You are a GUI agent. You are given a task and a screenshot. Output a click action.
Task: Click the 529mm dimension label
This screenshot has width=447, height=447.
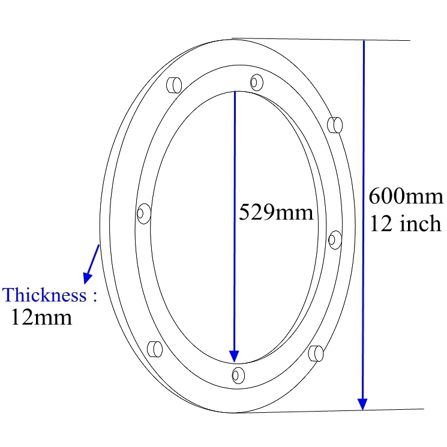pyautogui.click(x=276, y=212)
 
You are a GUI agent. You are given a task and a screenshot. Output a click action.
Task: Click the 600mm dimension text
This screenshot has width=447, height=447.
pyautogui.click(x=406, y=197)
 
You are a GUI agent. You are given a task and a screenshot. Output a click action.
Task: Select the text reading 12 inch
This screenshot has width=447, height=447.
pyautogui.click(x=406, y=224)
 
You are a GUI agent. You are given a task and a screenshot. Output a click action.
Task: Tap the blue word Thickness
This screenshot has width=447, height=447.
pyautogui.click(x=45, y=295)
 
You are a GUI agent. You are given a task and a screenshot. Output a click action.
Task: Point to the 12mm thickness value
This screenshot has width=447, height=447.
pyautogui.click(x=41, y=317)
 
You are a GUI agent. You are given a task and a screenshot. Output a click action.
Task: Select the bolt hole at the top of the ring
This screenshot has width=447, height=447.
pyautogui.click(x=257, y=81)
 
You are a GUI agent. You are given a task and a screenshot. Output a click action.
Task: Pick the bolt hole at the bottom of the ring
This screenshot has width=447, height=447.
pyautogui.click(x=238, y=375)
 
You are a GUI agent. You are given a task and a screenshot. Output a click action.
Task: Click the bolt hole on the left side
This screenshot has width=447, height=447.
pyautogui.click(x=143, y=212)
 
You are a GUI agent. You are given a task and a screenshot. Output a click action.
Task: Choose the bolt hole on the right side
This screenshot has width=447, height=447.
pyautogui.click(x=335, y=239)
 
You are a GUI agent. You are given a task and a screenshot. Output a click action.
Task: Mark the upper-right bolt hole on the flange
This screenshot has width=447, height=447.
pyautogui.click(x=335, y=124)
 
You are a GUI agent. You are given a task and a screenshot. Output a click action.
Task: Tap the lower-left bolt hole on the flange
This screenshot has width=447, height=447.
pyautogui.click(x=154, y=349)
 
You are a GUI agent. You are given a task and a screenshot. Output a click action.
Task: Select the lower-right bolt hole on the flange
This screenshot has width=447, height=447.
pyautogui.click(x=316, y=353)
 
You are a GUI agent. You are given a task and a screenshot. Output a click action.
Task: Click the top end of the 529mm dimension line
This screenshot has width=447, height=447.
pyautogui.click(x=235, y=92)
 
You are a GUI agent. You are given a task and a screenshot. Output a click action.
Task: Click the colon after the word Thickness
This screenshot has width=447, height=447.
pyautogui.click(x=94, y=295)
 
